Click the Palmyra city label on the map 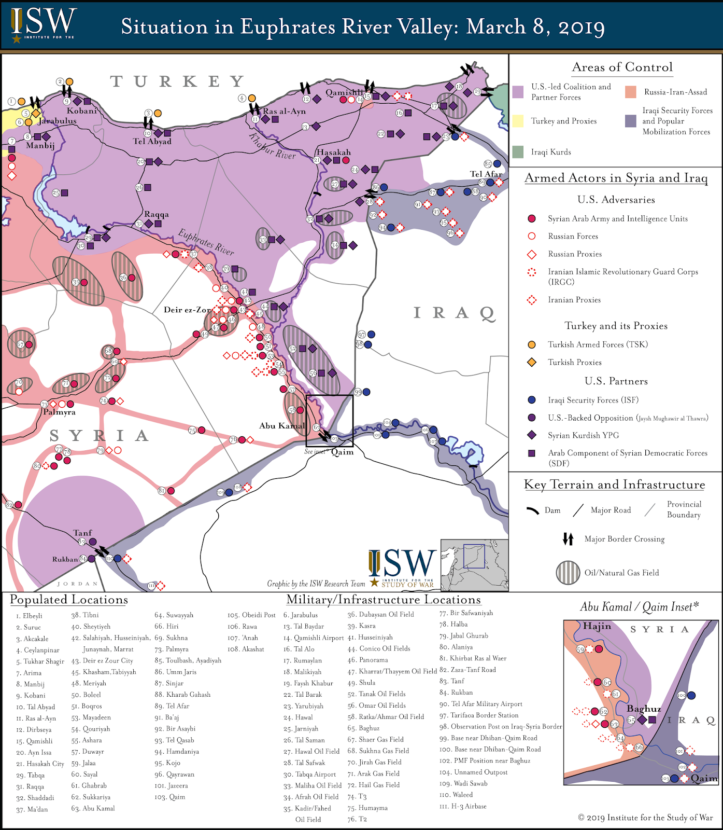[59, 412]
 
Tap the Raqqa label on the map [157, 214]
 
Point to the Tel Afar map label [486, 174]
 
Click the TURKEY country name [177, 81]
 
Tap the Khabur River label [272, 147]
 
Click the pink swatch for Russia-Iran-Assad [631, 92]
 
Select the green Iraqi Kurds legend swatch [518, 152]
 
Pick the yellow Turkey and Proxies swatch [518, 121]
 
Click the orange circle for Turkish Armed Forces [531, 344]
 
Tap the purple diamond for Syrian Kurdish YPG [531, 435]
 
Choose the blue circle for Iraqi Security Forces [531, 400]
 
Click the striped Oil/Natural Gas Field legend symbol [568, 573]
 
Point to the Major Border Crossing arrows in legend [568, 539]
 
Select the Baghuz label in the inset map [644, 709]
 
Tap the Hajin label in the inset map [597, 626]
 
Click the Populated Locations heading [69, 600]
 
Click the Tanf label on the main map [82, 533]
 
